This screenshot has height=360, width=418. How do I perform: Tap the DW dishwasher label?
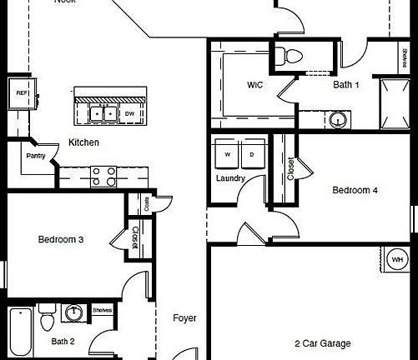point(129,112)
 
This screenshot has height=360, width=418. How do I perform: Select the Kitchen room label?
point(83,142)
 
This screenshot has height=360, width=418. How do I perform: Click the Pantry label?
point(35,156)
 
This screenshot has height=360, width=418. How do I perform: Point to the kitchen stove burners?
point(103,176)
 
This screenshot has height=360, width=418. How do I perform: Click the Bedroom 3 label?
point(61,240)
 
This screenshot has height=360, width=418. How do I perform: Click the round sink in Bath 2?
point(75,313)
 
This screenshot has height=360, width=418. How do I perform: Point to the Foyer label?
point(184,317)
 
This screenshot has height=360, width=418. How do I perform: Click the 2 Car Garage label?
point(322,343)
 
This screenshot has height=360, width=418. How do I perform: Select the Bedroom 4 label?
point(355,190)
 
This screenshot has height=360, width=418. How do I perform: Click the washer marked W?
point(227,155)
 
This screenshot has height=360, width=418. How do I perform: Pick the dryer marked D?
point(251,155)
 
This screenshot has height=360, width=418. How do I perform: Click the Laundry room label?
point(230,178)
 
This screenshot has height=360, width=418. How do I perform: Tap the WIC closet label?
point(255,86)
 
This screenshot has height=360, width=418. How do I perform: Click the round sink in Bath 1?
point(337,119)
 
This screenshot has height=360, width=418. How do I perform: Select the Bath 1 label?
point(346,84)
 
